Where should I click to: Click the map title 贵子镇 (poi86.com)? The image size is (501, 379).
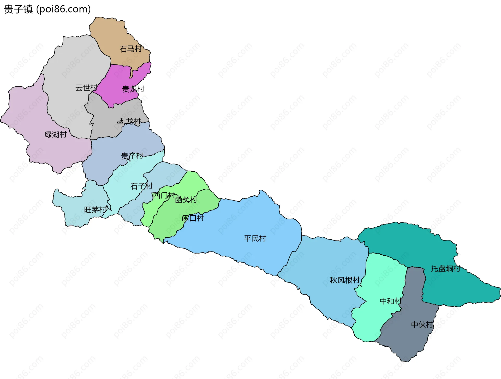[47, 9]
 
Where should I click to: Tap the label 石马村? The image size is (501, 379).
[130, 49]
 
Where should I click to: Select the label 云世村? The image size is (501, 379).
[86, 88]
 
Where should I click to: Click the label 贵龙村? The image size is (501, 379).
[133, 89]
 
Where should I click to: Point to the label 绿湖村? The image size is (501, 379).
[56, 134]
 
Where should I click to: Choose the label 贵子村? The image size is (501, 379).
[132, 156]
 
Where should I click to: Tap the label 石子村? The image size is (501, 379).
[141, 186]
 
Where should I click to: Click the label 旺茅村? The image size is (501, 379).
[96, 210]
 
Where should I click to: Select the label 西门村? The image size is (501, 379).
[164, 195]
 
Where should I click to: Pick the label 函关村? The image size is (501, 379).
[186, 200]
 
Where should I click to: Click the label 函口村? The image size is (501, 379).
[193, 218]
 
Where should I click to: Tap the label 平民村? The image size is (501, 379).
[255, 238]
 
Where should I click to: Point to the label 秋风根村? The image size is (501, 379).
[345, 280]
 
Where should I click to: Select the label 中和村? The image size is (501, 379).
[390, 301]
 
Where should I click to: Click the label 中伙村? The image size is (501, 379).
[422, 324]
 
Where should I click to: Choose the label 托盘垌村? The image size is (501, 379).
[445, 268]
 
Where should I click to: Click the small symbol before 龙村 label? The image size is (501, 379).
[120, 121]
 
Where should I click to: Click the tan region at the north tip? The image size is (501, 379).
[112, 34]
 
